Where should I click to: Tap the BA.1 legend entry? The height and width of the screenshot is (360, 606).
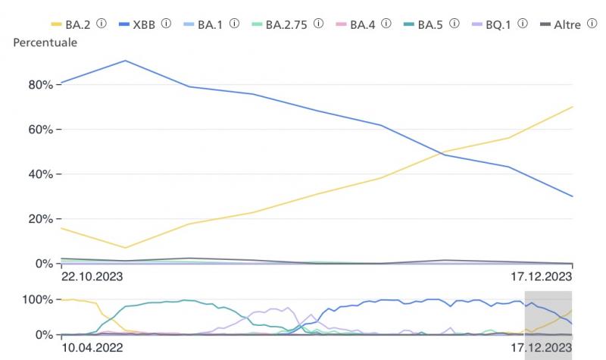[211, 24]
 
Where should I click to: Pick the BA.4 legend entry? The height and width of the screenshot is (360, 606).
[362, 24]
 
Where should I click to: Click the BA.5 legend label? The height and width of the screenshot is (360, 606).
[430, 24]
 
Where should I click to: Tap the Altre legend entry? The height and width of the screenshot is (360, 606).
[567, 24]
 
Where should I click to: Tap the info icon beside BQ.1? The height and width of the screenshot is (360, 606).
[522, 23]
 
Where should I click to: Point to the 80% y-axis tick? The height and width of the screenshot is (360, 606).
[39, 85]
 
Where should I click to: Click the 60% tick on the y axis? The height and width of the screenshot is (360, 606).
[39, 130]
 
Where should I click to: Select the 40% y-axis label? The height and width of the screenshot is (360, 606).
[39, 174]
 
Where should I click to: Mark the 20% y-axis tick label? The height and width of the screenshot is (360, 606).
[39, 219]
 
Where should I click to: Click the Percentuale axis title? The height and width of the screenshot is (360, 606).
[45, 42]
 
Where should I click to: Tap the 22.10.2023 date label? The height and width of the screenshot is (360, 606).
[92, 277]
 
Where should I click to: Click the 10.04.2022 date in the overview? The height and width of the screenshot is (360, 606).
[92, 348]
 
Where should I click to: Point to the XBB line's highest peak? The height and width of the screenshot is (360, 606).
[125, 61]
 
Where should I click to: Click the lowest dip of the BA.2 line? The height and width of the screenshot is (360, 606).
[125, 248]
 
